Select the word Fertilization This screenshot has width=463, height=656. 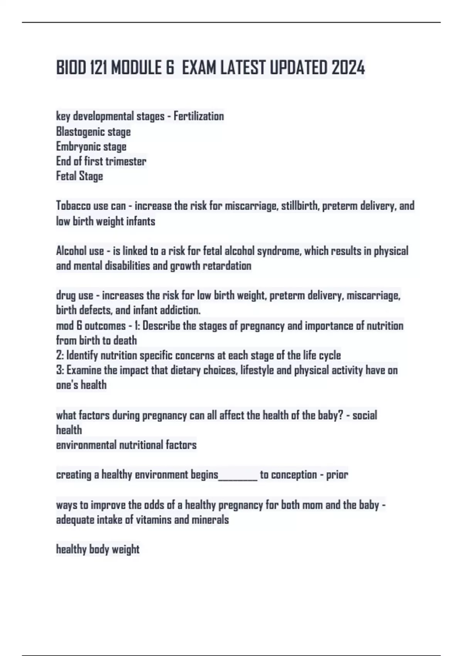click(x=199, y=116)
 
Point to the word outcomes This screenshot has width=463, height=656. click(x=105, y=326)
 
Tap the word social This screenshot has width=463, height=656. click(x=365, y=416)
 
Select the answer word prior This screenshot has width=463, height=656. click(x=337, y=475)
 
